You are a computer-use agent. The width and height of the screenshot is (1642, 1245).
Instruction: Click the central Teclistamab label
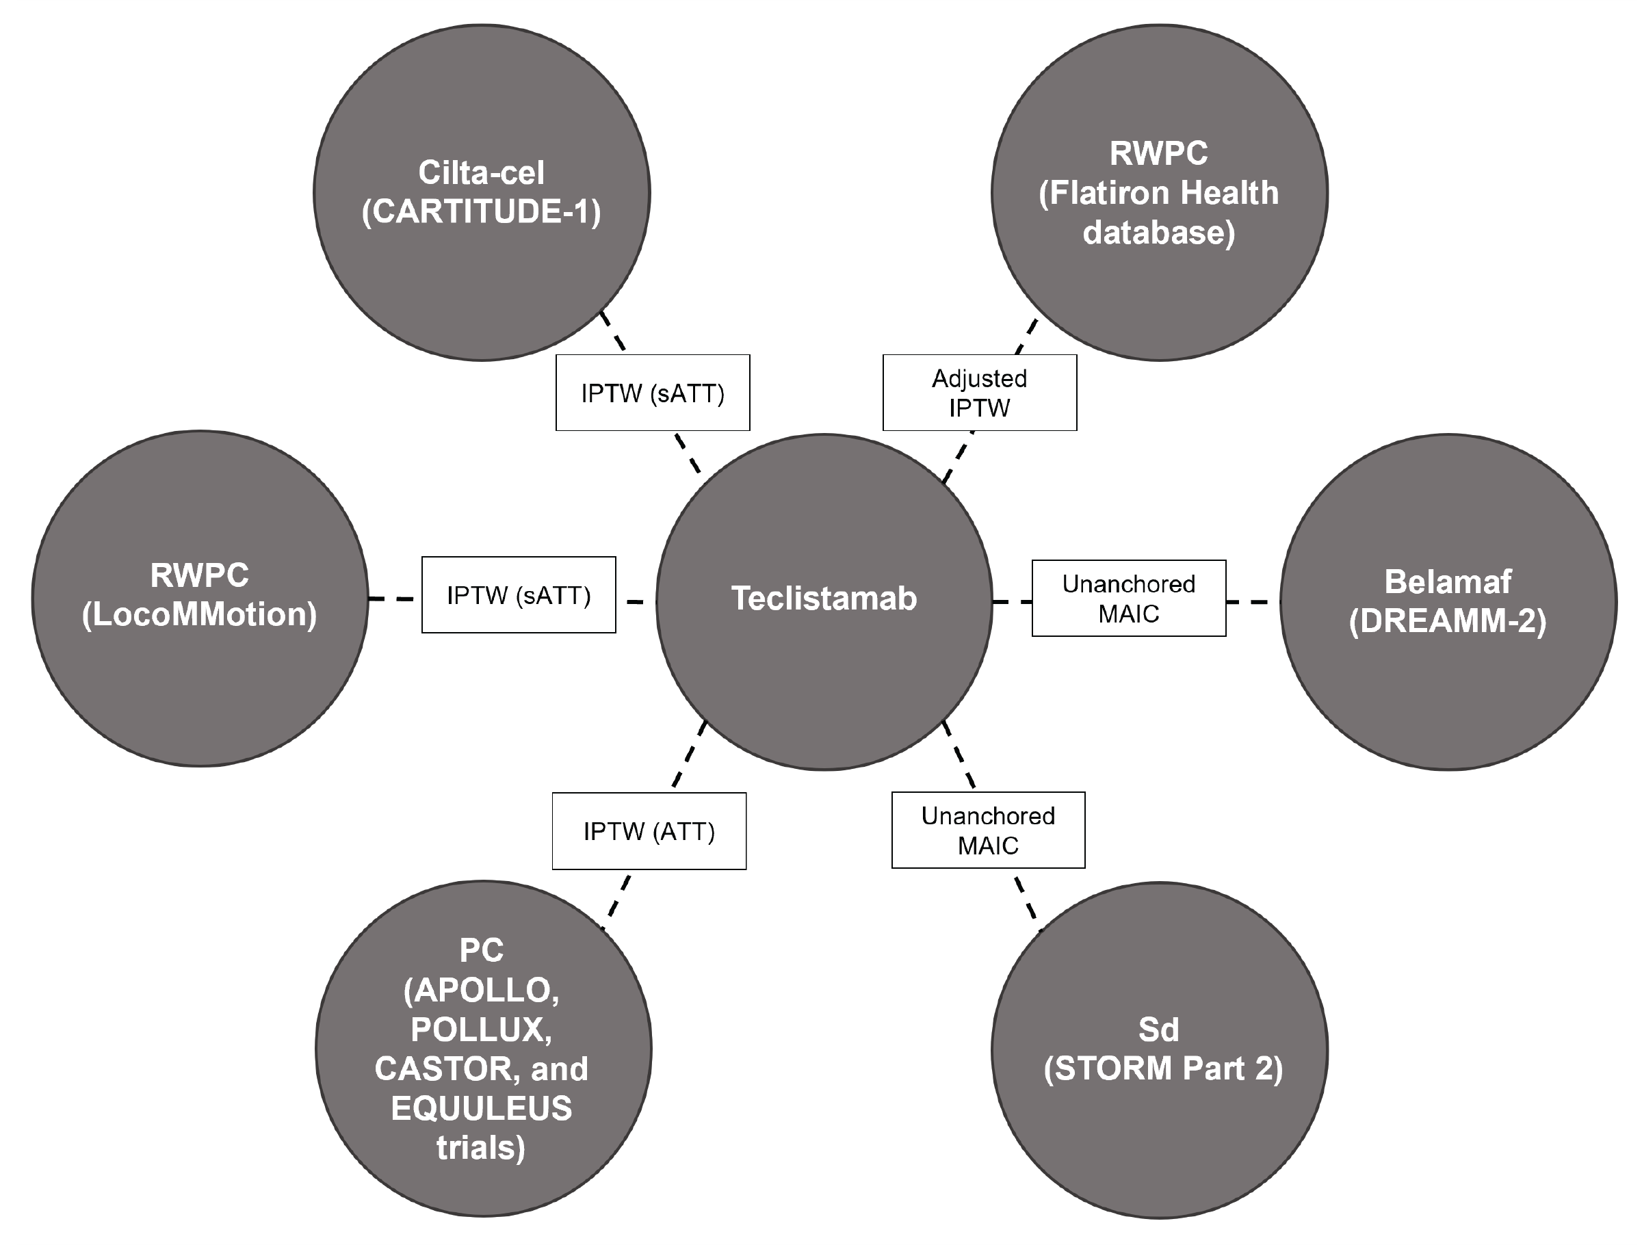[x=824, y=599]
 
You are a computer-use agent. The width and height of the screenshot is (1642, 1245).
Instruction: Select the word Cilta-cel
[x=481, y=173]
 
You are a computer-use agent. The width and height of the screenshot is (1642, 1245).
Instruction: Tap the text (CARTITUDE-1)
[x=481, y=211]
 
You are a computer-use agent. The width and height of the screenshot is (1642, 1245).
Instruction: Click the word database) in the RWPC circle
[x=1159, y=233]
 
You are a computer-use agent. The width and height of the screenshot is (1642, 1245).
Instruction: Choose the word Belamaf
[x=1448, y=582]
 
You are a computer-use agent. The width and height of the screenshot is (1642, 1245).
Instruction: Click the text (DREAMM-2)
[x=1448, y=620]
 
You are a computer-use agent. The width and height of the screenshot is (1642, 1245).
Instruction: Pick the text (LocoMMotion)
[x=200, y=615]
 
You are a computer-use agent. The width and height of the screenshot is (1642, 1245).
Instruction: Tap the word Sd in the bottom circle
[x=1159, y=1030]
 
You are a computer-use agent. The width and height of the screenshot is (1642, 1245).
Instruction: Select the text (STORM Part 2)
[x=1162, y=1069]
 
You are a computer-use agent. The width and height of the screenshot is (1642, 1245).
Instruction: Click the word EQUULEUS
[x=481, y=1108]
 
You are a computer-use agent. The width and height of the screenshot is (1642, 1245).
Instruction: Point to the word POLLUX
[x=481, y=1030]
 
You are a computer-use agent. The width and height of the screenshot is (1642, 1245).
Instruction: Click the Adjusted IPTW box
[x=979, y=393]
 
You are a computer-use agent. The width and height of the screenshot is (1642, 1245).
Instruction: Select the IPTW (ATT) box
[x=649, y=832]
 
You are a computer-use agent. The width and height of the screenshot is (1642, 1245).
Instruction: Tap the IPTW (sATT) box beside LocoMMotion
[x=518, y=594]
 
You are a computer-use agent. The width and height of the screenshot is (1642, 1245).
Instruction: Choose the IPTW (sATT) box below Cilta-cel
[x=653, y=393]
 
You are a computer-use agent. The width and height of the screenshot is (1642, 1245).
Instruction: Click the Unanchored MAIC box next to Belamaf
[x=1128, y=599]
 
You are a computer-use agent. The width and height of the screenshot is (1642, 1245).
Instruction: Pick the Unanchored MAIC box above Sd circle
[x=988, y=830]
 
